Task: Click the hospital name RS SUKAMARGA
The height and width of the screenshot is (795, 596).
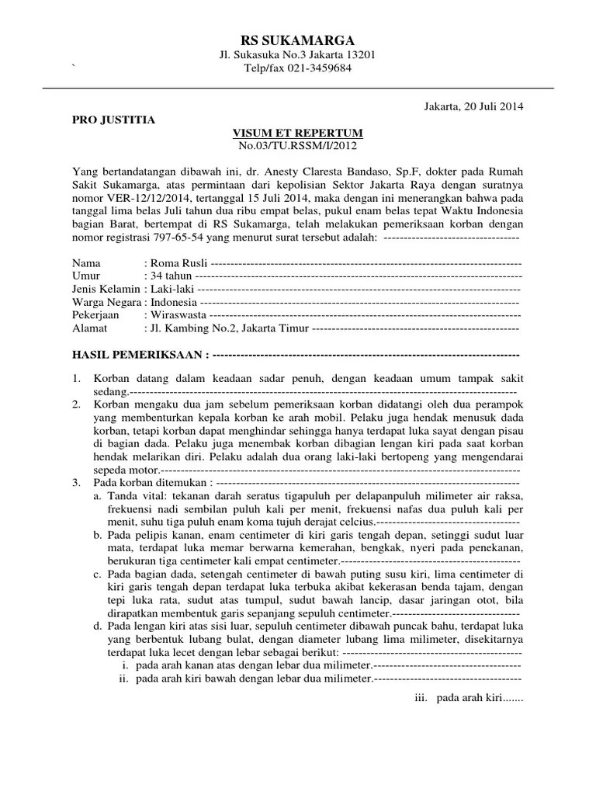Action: point(298,40)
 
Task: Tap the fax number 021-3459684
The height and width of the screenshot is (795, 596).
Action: point(315,68)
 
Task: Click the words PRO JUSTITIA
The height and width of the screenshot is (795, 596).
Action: point(113,120)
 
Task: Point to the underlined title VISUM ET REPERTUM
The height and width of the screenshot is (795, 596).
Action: point(298,132)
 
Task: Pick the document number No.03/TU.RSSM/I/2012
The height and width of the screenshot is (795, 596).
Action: point(298,144)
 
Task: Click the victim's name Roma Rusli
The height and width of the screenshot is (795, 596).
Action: point(178,263)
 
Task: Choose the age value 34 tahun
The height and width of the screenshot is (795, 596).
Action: point(171,276)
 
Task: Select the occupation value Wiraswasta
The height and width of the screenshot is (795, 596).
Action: point(179,315)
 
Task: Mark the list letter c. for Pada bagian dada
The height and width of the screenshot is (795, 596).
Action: point(97,574)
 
